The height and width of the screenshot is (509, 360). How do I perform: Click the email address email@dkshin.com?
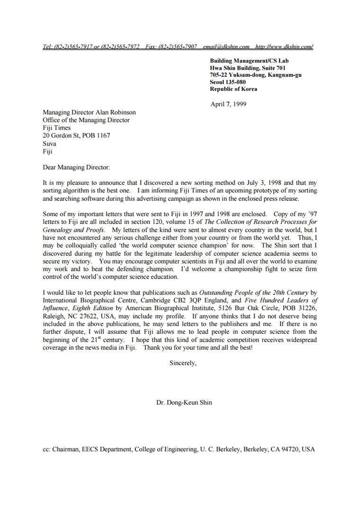226,47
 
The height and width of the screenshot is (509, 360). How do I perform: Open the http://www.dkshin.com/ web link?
284,47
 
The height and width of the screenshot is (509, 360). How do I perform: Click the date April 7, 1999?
228,104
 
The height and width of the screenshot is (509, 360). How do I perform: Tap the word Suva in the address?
49,143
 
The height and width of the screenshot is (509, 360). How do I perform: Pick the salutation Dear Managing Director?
76,167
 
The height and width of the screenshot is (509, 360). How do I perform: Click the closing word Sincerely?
182,364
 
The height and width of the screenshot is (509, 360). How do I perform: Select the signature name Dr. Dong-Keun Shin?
184,402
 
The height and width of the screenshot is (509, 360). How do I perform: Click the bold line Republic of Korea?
234,89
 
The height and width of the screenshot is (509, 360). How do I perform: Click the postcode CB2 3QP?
197,300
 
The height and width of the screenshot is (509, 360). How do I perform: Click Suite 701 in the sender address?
271,68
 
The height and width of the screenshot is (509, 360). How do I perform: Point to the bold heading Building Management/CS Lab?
249,61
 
